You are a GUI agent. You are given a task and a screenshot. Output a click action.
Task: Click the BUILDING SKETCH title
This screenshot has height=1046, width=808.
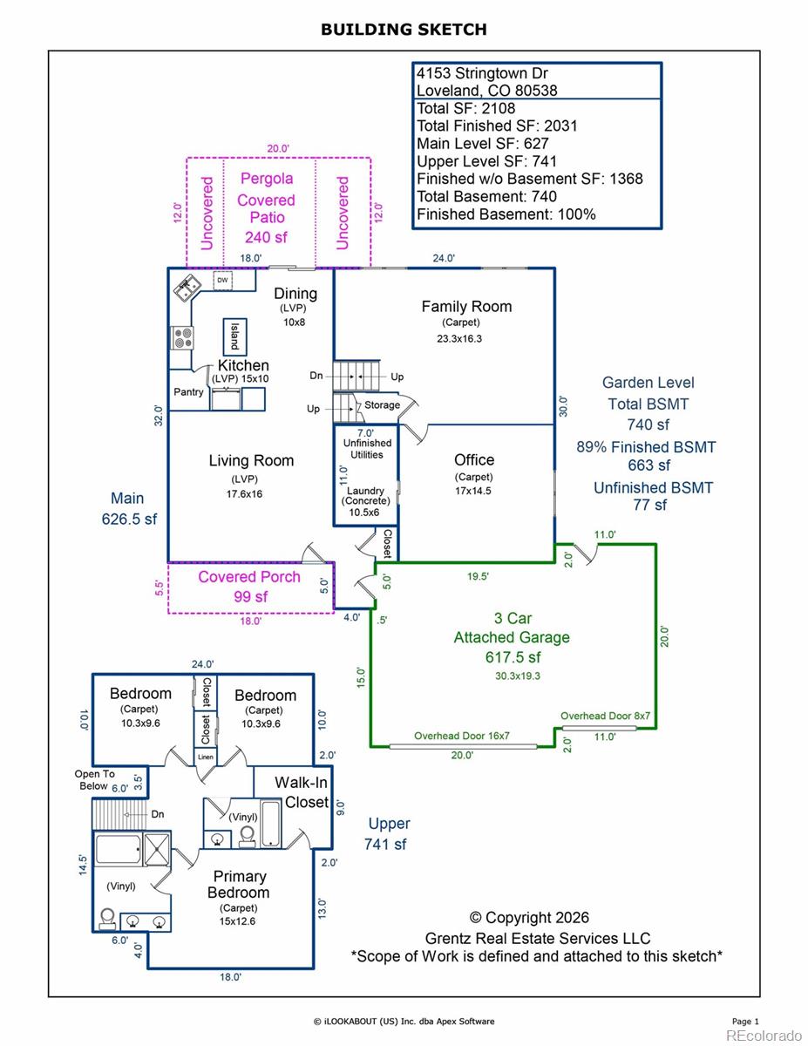coord(404,30)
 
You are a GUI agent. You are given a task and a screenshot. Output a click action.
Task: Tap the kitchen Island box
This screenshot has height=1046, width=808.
coord(234,336)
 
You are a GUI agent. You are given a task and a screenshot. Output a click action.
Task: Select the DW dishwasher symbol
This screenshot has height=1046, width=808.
coord(222,280)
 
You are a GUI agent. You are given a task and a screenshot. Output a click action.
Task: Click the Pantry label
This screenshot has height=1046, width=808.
coord(188,392)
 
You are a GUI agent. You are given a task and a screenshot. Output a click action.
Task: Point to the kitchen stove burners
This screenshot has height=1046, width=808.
coord(182,337)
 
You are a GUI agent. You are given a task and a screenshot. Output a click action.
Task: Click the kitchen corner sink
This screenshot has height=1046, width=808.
coord(187,288)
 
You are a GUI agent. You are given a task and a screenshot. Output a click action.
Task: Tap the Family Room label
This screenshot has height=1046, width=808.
coord(466,307)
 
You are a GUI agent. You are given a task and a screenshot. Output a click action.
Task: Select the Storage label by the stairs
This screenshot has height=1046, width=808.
coord(382,404)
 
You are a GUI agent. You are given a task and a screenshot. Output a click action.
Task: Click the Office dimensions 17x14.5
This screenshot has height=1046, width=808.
coord(473,491)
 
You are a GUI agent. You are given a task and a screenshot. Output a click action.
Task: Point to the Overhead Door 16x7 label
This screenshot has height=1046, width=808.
coord(461,736)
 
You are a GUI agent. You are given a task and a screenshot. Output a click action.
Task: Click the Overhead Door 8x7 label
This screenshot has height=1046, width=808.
coord(605,716)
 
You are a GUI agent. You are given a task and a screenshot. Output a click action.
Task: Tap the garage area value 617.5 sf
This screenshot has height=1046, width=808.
coord(513,657)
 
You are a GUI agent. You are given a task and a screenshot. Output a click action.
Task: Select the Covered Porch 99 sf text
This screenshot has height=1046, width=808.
coord(249,587)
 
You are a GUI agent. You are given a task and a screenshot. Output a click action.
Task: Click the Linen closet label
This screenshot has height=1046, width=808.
coord(206,757)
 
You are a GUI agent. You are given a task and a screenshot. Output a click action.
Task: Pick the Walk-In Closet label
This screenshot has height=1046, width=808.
coord(302,792)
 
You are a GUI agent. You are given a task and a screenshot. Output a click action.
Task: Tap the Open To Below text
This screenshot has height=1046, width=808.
coord(94,780)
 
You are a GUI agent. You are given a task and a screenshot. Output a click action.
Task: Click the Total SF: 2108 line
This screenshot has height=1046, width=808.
coord(465,108)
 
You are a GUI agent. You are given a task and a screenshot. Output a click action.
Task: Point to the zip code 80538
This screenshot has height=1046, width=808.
coord(536,91)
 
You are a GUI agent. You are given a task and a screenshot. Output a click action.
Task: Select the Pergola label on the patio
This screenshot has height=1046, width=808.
coord(267,179)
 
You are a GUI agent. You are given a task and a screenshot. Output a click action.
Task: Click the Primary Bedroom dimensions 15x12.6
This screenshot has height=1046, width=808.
coord(237,921)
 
